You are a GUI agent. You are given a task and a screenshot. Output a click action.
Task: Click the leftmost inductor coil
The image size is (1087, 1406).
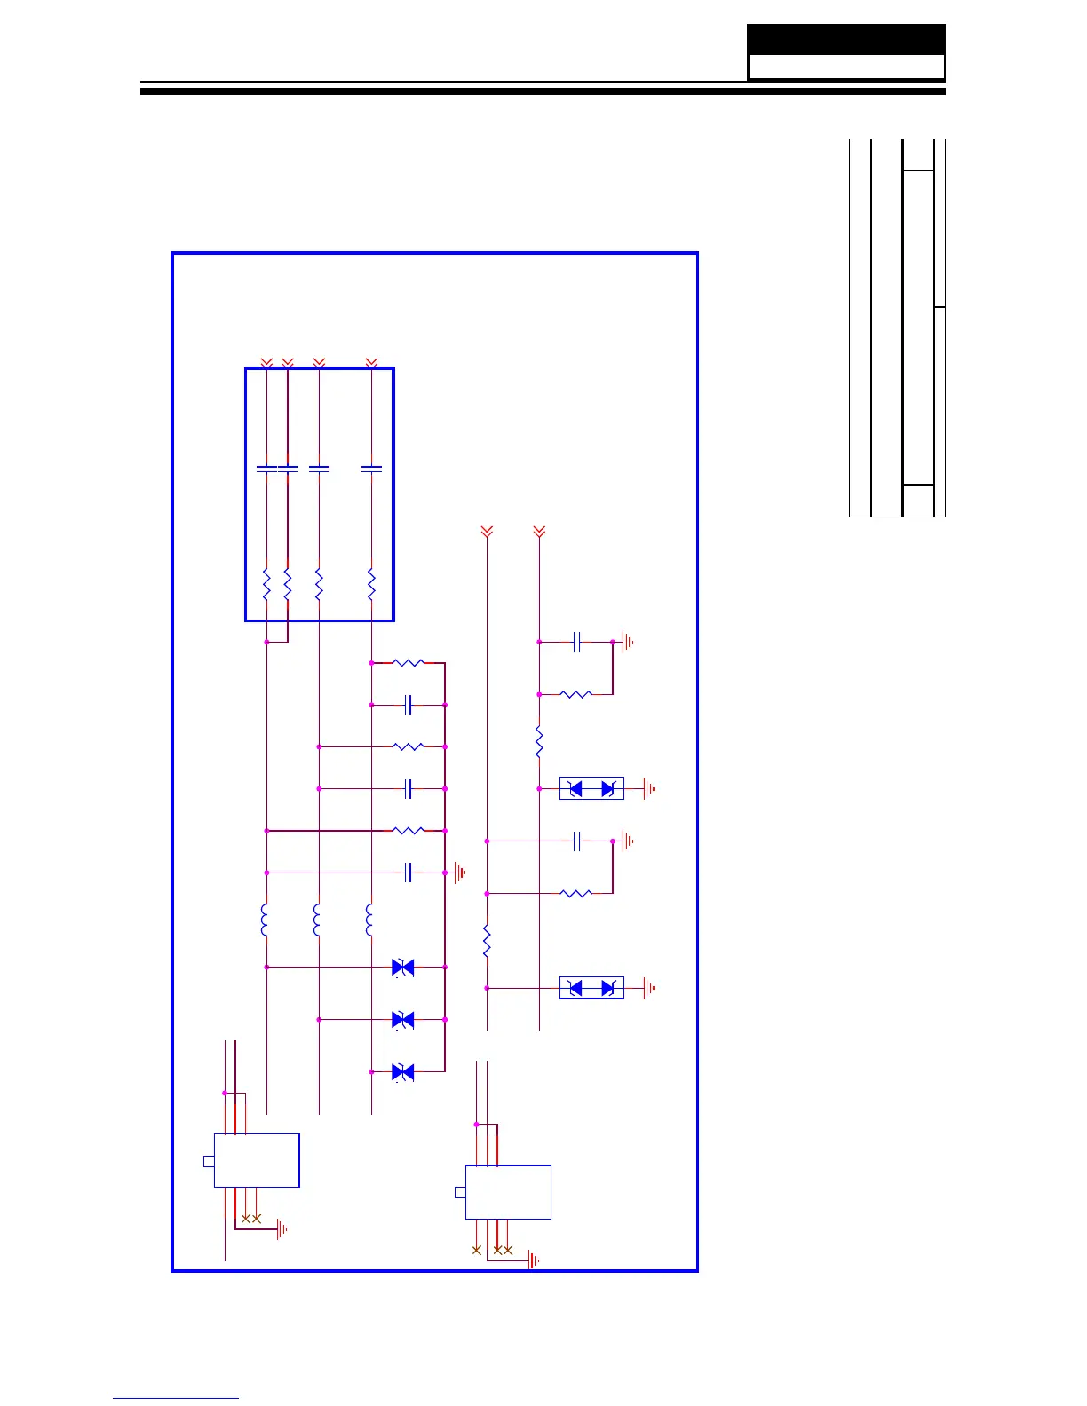pyautogui.click(x=265, y=920)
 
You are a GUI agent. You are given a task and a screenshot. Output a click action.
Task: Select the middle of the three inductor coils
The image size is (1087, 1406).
pyautogui.click(x=317, y=920)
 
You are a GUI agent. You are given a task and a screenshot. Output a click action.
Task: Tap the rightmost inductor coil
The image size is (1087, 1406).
pyautogui.click(x=369, y=920)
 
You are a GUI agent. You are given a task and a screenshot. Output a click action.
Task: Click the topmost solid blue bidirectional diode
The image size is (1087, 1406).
pyautogui.click(x=403, y=968)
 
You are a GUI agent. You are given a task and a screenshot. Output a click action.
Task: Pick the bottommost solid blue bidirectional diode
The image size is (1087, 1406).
pyautogui.click(x=403, y=1072)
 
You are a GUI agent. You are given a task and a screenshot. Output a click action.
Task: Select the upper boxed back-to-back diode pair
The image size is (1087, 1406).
pyautogui.click(x=591, y=788)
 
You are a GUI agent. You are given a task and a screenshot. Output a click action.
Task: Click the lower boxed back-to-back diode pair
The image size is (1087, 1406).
pyautogui.click(x=591, y=988)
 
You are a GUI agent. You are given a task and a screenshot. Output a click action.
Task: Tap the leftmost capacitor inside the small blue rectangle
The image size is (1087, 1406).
pyautogui.click(x=266, y=468)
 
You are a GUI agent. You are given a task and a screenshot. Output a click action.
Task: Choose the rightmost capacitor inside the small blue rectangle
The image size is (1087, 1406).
pyautogui.click(x=372, y=468)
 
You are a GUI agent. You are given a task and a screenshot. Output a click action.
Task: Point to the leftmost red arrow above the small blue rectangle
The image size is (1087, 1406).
pyautogui.click(x=266, y=363)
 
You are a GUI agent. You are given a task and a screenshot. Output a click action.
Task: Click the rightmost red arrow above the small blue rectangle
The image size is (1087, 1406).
pyautogui.click(x=372, y=363)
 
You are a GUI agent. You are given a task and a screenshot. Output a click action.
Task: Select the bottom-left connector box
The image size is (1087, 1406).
pyautogui.click(x=257, y=1160)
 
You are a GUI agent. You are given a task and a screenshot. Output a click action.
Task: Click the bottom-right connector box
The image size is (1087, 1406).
pyautogui.click(x=508, y=1192)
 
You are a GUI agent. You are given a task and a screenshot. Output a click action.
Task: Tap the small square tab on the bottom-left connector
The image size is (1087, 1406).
pyautogui.click(x=209, y=1161)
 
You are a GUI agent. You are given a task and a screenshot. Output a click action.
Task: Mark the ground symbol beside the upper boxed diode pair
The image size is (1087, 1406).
pyautogui.click(x=650, y=788)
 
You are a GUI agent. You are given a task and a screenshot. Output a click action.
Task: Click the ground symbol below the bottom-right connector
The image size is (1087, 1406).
pyautogui.click(x=534, y=1260)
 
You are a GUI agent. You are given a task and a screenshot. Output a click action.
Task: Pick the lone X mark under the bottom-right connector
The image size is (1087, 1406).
pyautogui.click(x=477, y=1250)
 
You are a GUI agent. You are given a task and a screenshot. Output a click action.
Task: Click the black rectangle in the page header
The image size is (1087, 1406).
pyautogui.click(x=845, y=40)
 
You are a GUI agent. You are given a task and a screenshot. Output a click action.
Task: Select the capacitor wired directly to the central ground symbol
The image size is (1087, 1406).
pyautogui.click(x=409, y=873)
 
